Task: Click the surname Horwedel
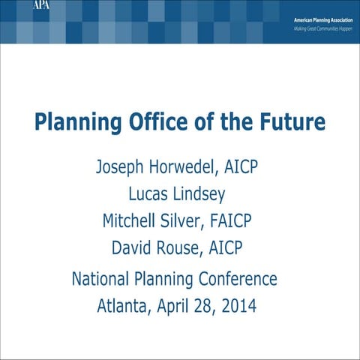173,165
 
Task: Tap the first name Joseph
115,165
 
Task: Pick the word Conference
237,280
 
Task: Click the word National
100,280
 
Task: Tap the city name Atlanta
124,306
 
